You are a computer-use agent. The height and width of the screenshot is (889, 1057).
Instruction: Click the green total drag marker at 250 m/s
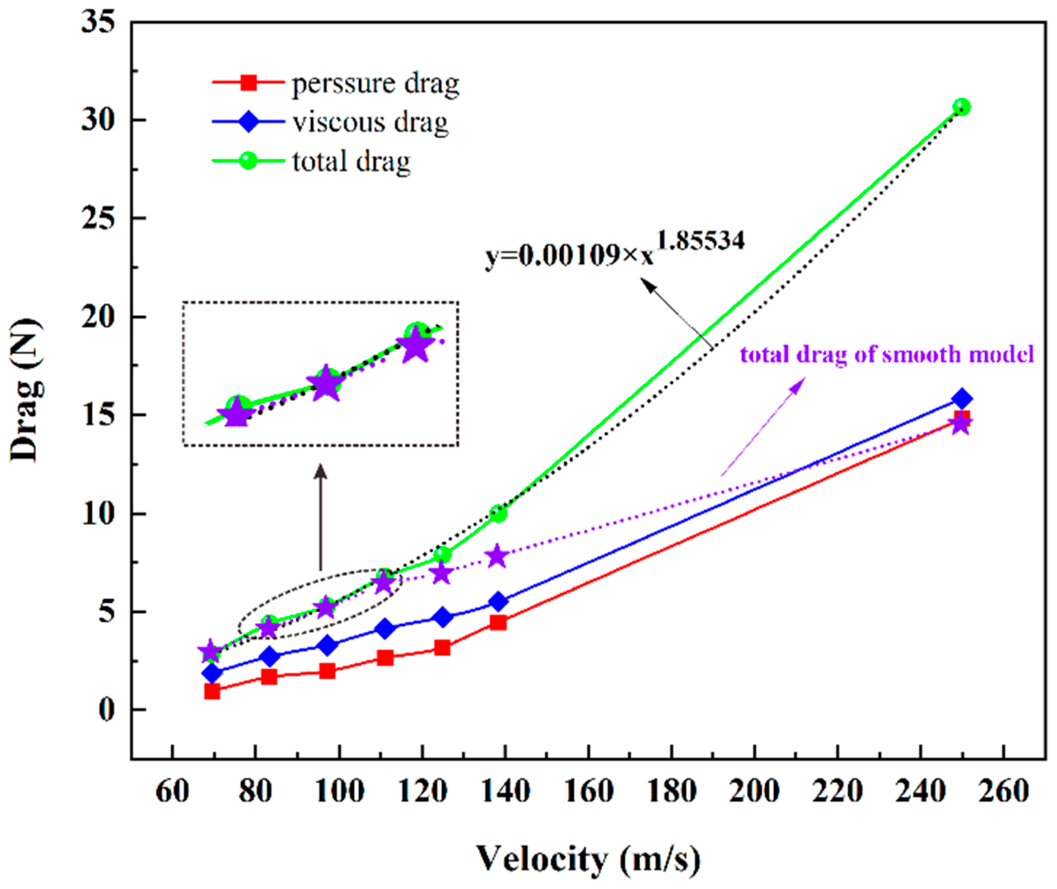coord(961,107)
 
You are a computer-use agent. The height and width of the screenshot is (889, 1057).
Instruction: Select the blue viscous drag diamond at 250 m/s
coord(961,399)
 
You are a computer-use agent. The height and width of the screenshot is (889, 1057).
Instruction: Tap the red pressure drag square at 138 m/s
coord(498,623)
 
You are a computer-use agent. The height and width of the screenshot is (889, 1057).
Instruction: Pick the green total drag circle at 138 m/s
coord(498,513)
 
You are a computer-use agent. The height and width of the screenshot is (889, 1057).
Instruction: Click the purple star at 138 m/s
coord(497,556)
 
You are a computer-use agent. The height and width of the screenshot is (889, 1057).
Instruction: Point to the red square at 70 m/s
coord(212,692)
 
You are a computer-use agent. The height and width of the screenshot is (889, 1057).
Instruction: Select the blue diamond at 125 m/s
coord(442,617)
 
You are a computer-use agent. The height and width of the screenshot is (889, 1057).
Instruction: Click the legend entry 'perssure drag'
coord(375,84)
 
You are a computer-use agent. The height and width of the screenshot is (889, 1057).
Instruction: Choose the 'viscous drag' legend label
coord(370,122)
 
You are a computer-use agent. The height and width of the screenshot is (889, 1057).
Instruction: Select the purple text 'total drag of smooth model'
coord(886,354)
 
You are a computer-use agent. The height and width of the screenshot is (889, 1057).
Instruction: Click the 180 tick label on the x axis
coord(672,791)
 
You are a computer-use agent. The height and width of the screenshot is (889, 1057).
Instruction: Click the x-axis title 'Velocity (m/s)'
coord(588,859)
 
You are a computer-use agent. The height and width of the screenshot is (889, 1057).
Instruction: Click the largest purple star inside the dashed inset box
coord(415,346)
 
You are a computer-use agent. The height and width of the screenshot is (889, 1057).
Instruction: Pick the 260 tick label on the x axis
coord(1004,791)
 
